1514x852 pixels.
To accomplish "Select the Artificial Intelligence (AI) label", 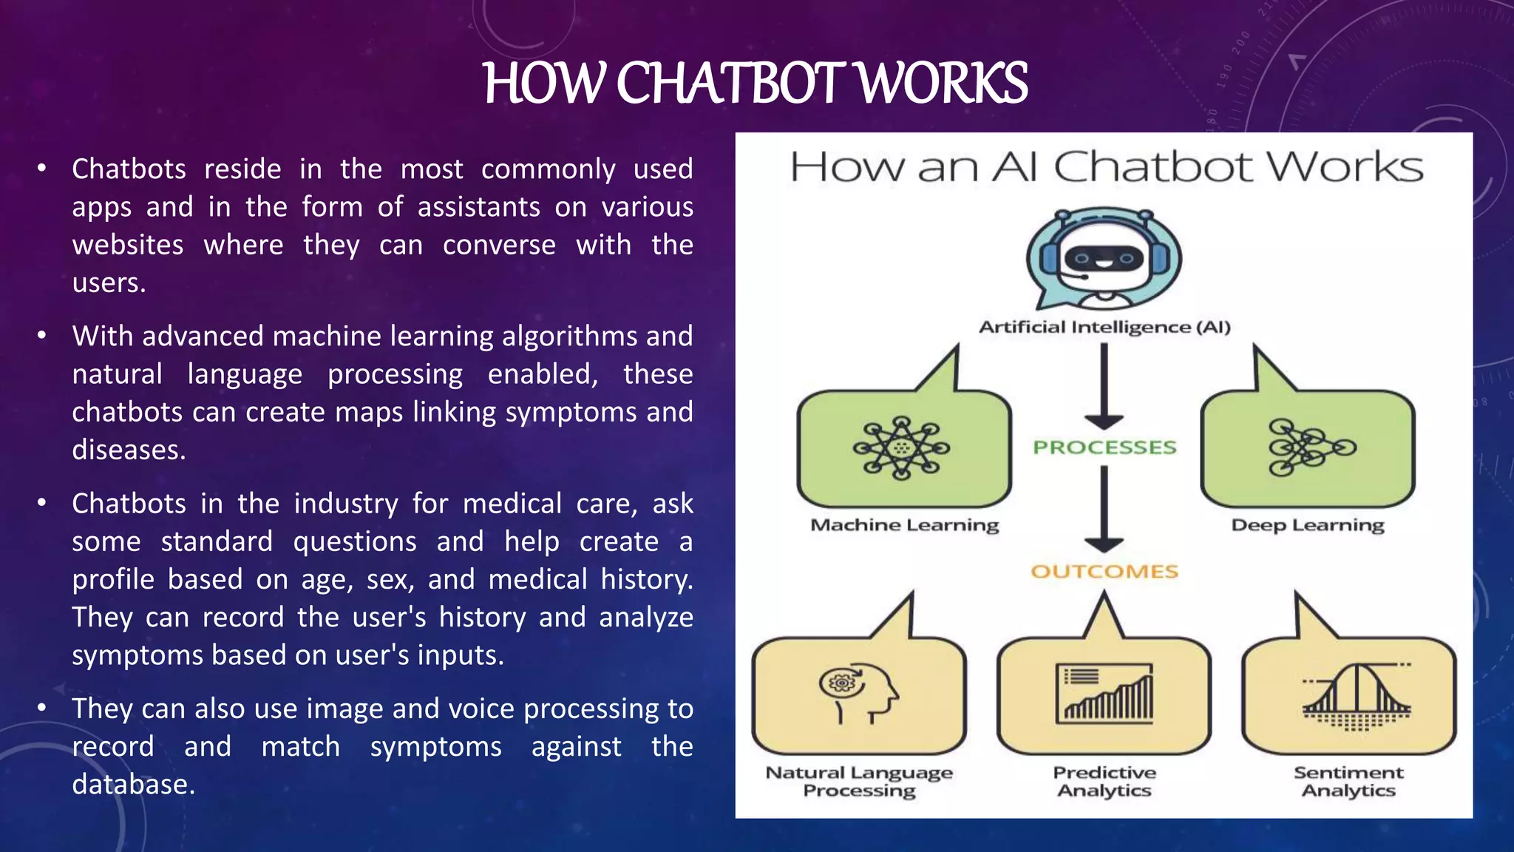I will pos(1104,327).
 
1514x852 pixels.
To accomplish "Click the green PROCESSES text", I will pos(1104,447).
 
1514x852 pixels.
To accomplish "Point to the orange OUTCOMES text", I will pos(1104,571).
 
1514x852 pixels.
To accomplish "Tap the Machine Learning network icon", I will pos(901,447).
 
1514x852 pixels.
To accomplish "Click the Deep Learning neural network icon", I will pos(1309,447).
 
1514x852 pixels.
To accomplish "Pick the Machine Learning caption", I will pos(904,525).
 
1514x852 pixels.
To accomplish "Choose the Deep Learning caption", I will pos(1307,525).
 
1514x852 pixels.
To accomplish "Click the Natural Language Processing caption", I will pos(859,781).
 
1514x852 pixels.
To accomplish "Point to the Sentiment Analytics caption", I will pos(1348,781).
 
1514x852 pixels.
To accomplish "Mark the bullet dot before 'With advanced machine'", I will pos(42,337).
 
